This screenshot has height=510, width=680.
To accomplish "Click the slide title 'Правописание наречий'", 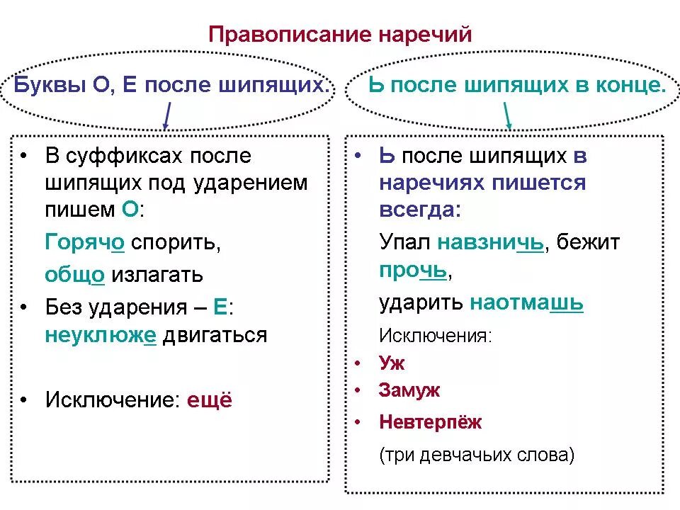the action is [340, 34].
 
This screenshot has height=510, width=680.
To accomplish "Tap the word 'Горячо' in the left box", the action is [85, 242].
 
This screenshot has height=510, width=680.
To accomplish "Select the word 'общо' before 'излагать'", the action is [74, 274].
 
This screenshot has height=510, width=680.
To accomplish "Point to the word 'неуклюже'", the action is [100, 335].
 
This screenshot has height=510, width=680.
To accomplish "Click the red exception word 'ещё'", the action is [209, 400].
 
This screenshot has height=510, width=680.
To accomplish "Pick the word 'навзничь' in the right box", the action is [490, 242].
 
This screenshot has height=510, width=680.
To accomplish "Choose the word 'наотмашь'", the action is [526, 303].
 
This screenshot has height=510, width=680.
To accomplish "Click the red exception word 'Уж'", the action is [391, 363].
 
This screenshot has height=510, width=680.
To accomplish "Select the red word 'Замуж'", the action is [409, 390].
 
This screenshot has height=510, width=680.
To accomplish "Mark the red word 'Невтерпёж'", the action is [430, 422].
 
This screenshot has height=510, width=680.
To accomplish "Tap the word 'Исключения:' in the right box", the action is [436, 335].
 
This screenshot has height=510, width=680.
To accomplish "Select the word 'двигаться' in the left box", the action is [215, 335].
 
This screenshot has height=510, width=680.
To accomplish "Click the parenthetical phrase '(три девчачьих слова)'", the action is [477, 454].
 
